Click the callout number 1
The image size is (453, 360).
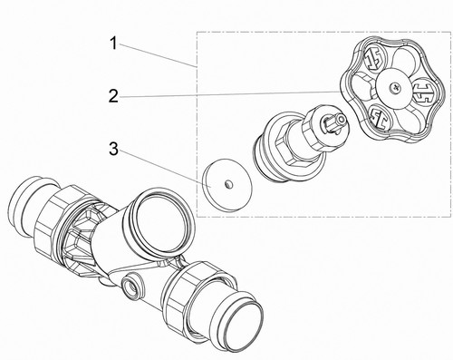113,44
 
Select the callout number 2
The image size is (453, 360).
113,97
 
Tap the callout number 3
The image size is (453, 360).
113,150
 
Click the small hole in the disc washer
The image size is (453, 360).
228,183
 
